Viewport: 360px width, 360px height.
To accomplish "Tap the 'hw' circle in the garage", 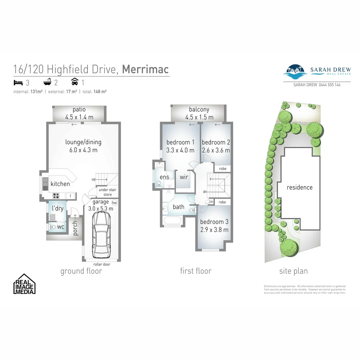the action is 115,202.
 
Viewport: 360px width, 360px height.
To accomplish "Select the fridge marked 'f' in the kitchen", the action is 71,196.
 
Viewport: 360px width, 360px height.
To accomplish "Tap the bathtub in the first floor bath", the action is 172,220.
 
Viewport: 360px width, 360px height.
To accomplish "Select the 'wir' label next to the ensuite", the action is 184,177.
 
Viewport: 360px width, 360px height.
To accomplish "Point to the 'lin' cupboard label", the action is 211,202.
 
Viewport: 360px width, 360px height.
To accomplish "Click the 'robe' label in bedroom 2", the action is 222,169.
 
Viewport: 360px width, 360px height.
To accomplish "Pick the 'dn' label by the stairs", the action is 205,192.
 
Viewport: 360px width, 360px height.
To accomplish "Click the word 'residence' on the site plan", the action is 300,187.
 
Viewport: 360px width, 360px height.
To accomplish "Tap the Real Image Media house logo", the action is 24,284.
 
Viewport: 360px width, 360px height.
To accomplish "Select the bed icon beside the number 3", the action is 17,82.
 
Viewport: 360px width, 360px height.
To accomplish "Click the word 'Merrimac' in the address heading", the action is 145,69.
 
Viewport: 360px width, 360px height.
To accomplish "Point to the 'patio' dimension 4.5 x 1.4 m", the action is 79,117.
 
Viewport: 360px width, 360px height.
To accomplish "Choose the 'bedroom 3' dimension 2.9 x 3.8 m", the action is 214,230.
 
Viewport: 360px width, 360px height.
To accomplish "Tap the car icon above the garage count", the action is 75,82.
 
